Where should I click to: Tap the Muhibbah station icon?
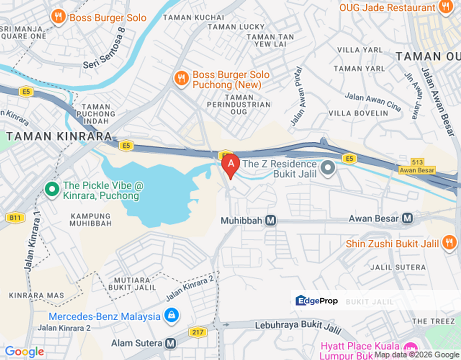tap(270, 220)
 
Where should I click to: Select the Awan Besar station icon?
tap(407, 218)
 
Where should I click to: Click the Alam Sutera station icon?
tap(170, 343)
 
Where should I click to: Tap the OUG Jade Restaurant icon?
tap(444, 7)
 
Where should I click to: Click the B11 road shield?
tap(15, 217)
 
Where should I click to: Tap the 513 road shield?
tap(417, 161)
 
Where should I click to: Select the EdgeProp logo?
tap(317, 300)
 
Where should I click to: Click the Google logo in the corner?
tap(24, 352)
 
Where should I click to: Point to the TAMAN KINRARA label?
tap(58, 136)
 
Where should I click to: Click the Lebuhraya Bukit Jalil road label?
tap(298, 325)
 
